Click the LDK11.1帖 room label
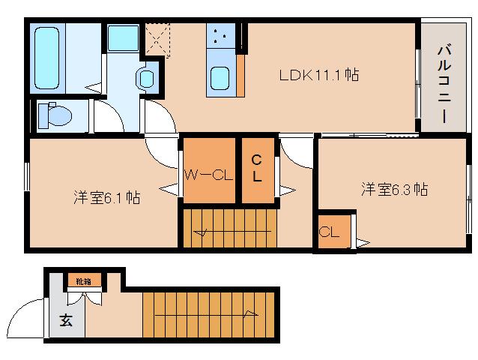coord(318,75)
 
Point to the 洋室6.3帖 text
coord(394,190)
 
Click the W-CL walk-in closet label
coord(209,175)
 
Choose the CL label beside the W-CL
coord(256,169)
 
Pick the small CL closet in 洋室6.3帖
coord(330,232)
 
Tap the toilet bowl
coord(55,116)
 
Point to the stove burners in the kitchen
coord(220,35)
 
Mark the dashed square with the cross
coord(158,38)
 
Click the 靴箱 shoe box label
coord(84,282)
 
